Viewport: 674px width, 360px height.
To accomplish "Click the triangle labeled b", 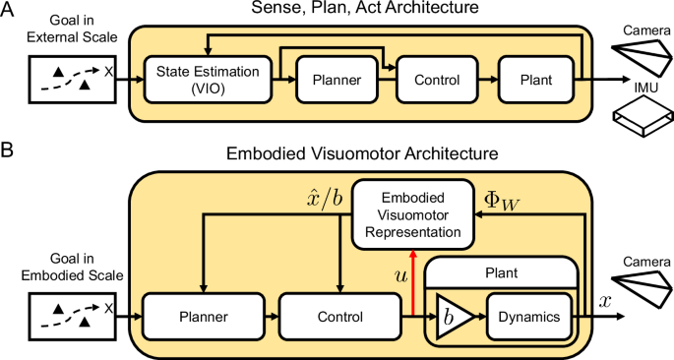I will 452,318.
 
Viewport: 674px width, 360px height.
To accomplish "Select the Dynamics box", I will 530,318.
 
